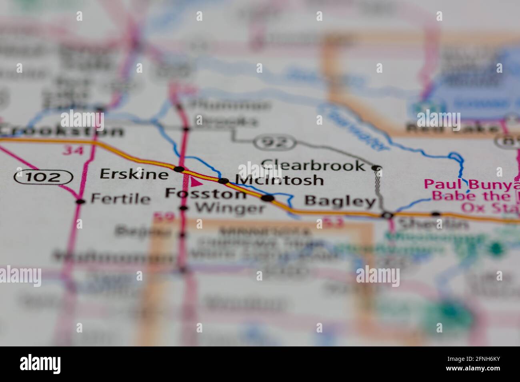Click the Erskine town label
(134, 174)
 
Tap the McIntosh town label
(279, 180)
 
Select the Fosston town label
(206, 194)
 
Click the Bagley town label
(340, 201)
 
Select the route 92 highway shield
(275, 141)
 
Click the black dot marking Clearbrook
(376, 168)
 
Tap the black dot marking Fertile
(81, 201)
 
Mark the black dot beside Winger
(184, 208)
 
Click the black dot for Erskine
(179, 169)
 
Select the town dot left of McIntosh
(223, 181)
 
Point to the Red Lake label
(452, 129)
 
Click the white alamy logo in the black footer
(40, 364)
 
